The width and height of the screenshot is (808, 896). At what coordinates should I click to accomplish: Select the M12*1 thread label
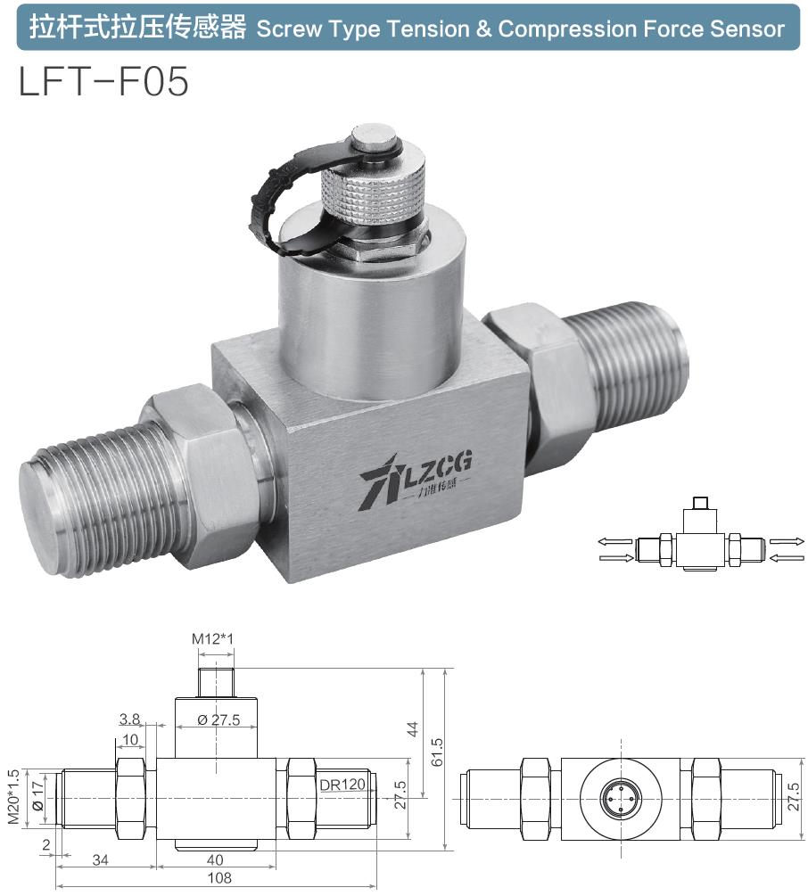tap(213, 638)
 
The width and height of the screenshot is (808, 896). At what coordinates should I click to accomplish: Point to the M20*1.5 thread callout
tap(13, 796)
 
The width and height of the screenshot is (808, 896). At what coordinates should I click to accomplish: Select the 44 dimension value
tap(412, 729)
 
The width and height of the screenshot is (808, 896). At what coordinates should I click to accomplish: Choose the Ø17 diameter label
tap(37, 796)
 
